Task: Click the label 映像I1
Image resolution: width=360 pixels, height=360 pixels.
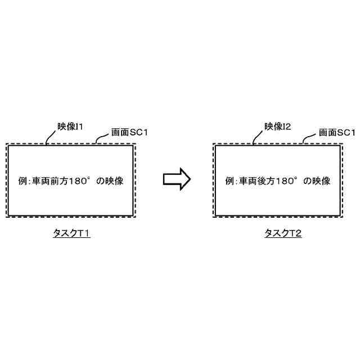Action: pos(70,127)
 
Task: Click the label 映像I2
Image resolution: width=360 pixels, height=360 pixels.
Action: pos(277,127)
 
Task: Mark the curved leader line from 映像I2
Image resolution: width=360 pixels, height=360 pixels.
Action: pos(257,136)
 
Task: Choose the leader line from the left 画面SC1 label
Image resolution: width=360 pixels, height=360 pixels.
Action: pos(102,138)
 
